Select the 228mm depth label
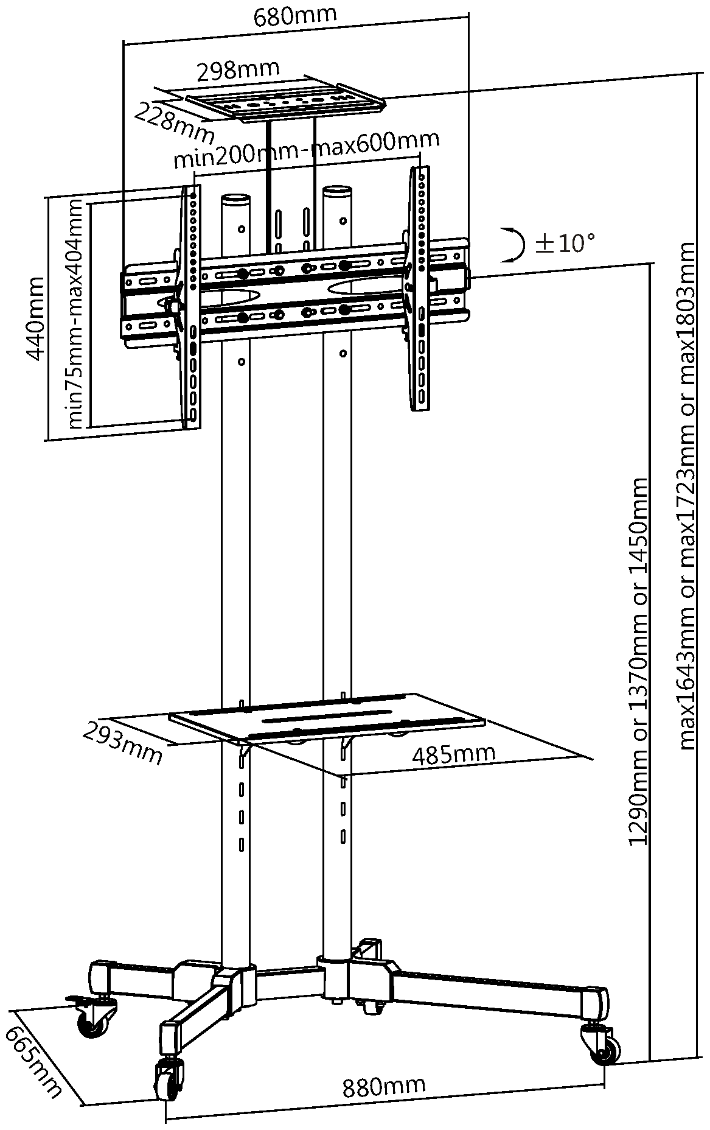click(174, 121)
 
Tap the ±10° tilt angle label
click(564, 244)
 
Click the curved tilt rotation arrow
click(515, 245)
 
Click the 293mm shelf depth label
click(122, 742)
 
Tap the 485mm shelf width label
click(453, 754)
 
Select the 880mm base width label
click(383, 1086)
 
